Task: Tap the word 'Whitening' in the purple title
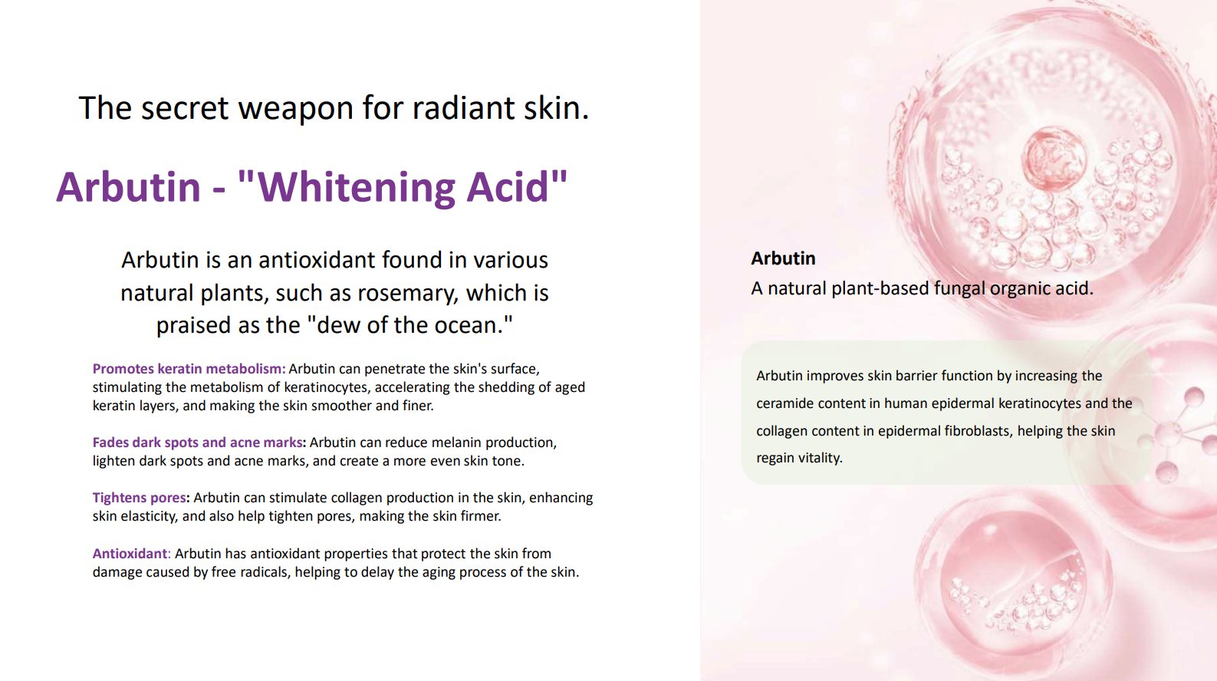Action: click(356, 187)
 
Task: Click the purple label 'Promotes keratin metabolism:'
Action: click(189, 369)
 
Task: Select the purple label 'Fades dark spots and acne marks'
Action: click(197, 442)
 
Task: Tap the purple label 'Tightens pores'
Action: click(139, 498)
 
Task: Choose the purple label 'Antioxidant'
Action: click(130, 554)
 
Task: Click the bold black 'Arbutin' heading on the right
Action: click(783, 258)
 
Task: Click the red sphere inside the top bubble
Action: click(1054, 160)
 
